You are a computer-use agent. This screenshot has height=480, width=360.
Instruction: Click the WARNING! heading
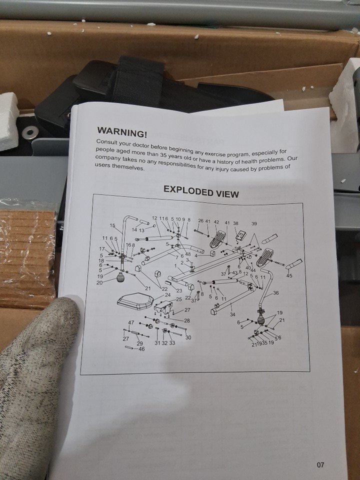[122, 132]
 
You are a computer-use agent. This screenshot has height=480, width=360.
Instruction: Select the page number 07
[320, 465]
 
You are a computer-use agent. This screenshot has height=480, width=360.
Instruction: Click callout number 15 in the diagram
[112, 225]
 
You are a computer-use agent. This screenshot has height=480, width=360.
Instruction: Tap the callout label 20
[99, 282]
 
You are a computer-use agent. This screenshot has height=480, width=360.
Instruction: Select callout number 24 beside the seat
[167, 295]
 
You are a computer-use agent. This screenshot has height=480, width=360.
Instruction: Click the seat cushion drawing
[135, 301]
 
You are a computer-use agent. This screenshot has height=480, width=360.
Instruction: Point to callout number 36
[275, 293]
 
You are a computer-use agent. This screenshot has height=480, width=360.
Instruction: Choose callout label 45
[289, 275]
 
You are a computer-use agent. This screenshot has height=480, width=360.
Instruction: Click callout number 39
[254, 224]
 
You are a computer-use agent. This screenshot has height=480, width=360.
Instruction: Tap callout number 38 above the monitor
[235, 223]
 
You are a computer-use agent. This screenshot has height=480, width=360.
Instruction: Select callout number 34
[232, 314]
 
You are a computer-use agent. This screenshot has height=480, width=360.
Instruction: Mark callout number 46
[141, 348]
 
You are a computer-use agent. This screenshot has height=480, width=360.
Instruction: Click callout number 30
[188, 337]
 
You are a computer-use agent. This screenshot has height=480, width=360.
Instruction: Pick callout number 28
[186, 320]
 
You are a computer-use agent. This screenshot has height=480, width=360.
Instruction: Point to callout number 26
[200, 220]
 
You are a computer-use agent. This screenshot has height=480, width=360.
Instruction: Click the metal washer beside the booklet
[30, 132]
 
